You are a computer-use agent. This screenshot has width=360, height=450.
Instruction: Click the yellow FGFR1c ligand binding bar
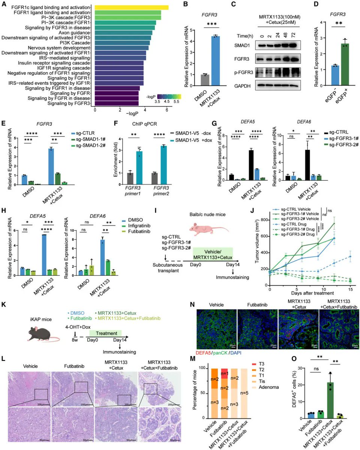(131, 7)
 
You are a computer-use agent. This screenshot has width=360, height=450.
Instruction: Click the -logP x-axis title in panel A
(131, 114)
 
